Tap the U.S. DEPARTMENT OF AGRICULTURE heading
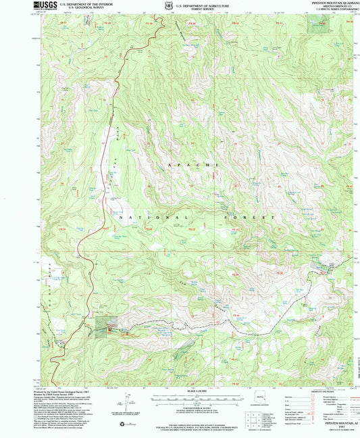(202, 5)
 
